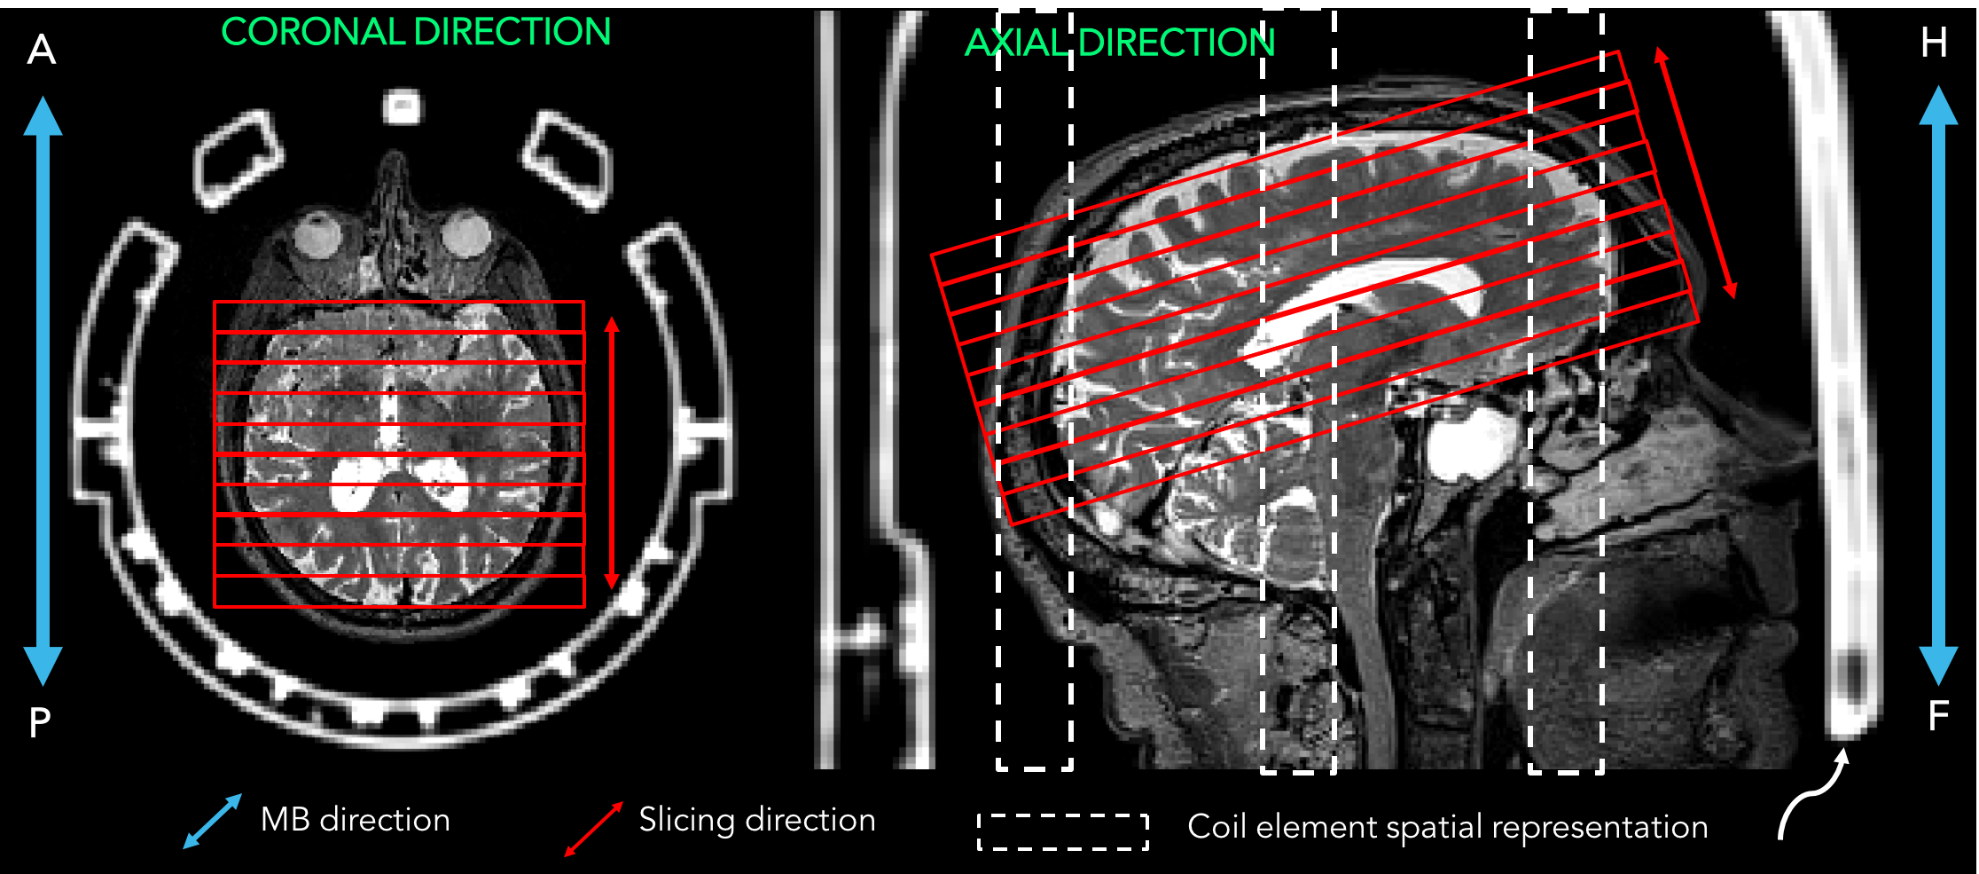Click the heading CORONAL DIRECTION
[x=416, y=33]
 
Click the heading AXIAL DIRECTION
[x=1119, y=43]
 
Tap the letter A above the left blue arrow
[x=41, y=50]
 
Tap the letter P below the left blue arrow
[x=40, y=723]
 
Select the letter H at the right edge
[x=1935, y=43]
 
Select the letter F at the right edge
[x=1939, y=715]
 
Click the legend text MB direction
[x=355, y=820]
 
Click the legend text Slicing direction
[x=756, y=820]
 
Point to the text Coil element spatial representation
[x=1447, y=827]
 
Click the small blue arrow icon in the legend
[x=212, y=822]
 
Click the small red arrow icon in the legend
[x=594, y=829]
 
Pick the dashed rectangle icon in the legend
[x=1063, y=831]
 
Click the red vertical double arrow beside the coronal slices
[x=611, y=453]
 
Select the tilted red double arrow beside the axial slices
[x=1695, y=173]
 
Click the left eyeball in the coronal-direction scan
[x=314, y=235]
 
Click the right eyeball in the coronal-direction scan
[x=465, y=235]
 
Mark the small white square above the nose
[x=402, y=107]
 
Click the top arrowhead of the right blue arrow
[x=1938, y=106]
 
